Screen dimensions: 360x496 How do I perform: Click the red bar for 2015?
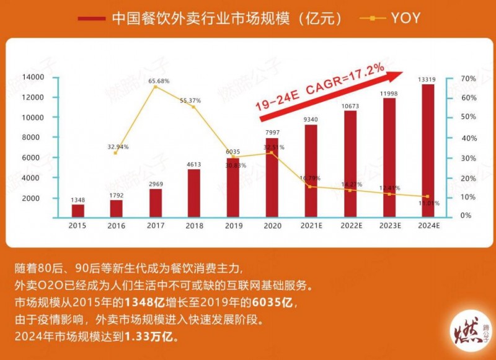click(77, 210)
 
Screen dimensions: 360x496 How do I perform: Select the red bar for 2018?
click(194, 192)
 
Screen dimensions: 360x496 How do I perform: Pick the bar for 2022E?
click(350, 164)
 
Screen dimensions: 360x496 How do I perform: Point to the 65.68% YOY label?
click(159, 81)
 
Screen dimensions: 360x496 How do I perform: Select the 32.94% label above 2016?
click(118, 147)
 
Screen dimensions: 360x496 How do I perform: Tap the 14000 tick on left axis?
click(32, 77)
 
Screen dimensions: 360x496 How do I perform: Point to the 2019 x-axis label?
click(233, 226)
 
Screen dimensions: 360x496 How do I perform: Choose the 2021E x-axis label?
click(311, 226)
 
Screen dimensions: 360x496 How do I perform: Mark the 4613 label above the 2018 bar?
click(194, 164)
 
